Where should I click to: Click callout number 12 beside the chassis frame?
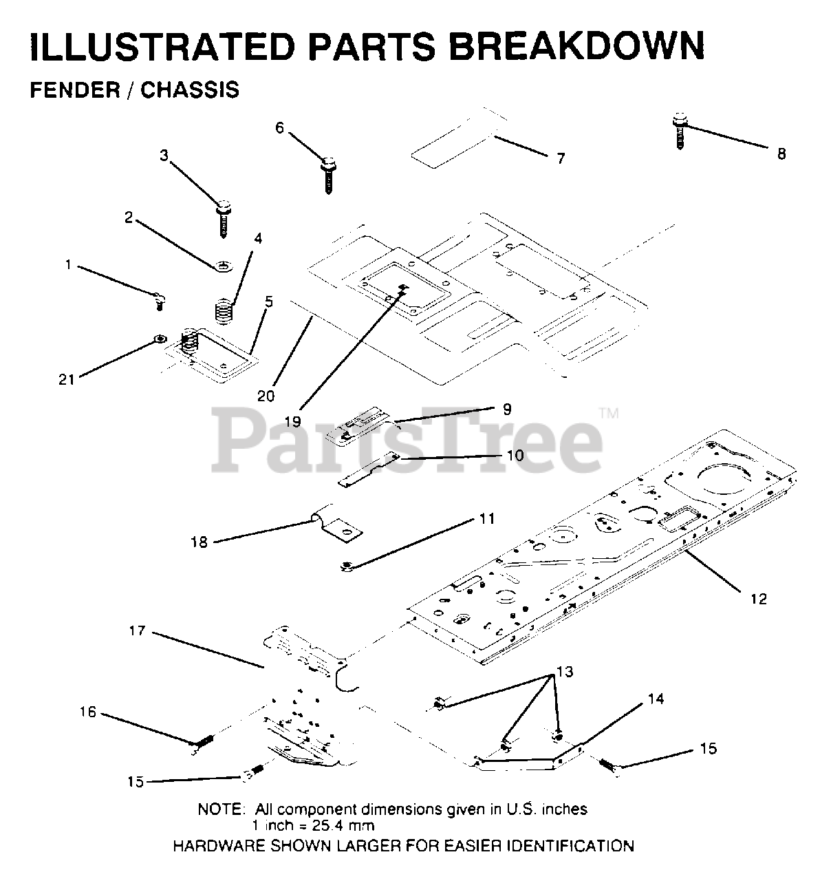click(x=758, y=599)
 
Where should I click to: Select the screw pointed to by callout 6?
click(x=328, y=176)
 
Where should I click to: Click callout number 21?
click(x=67, y=379)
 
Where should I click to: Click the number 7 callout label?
click(x=561, y=159)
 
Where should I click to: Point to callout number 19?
click(x=293, y=421)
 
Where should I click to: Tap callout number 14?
click(x=656, y=699)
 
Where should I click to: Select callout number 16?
click(x=88, y=712)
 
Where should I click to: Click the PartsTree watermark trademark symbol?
click(x=609, y=413)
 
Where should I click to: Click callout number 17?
click(x=137, y=630)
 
